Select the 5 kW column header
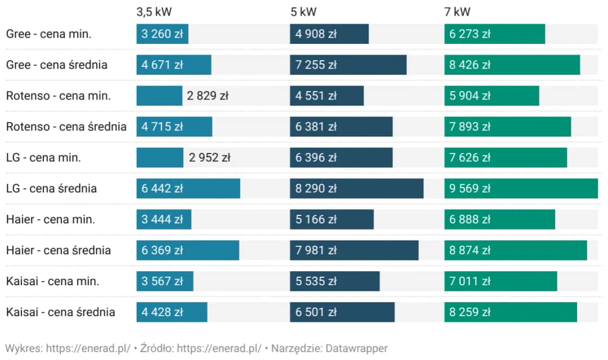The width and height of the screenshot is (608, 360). [x=303, y=11]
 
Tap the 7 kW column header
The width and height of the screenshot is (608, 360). [x=457, y=11]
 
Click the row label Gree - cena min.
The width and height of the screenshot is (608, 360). [x=48, y=34]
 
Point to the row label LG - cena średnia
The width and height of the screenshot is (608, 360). [x=51, y=188]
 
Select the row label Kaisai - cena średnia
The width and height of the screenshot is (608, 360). [x=61, y=312]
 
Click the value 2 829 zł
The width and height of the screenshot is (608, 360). [x=207, y=96]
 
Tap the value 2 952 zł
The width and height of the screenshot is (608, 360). [x=209, y=157]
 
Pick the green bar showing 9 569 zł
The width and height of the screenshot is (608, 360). [x=521, y=188]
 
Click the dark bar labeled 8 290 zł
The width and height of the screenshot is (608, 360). [x=357, y=188]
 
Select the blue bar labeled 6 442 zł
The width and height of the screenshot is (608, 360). [x=188, y=188]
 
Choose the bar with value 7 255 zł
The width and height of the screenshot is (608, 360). [x=348, y=65]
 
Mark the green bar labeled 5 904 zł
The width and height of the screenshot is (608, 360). [x=491, y=96]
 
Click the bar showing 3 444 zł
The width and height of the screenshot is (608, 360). [x=164, y=219]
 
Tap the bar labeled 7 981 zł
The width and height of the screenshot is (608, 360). [x=355, y=250]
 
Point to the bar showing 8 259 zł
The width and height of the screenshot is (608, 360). [x=511, y=312]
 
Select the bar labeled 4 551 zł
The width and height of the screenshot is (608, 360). [x=327, y=96]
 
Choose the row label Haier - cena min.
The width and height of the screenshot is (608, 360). [x=51, y=219]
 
